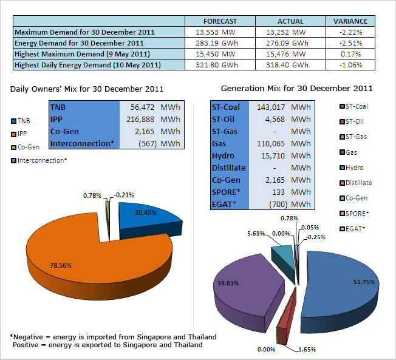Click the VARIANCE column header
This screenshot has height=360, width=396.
(x=350, y=21)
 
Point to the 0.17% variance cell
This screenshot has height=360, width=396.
(x=350, y=54)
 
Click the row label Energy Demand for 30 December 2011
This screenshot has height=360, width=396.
(x=79, y=43)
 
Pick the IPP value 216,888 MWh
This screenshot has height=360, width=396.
(x=153, y=119)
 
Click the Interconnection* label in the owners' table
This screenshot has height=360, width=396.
(x=83, y=143)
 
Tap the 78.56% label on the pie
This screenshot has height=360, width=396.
(x=61, y=265)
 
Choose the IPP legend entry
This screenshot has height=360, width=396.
(x=19, y=134)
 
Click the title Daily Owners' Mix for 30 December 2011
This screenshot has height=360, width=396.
(x=87, y=89)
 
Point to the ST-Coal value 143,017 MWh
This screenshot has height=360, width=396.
(x=284, y=107)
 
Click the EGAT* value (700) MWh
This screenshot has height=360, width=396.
(x=290, y=204)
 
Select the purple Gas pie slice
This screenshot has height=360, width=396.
(x=249, y=290)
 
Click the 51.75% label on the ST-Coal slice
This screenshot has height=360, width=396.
(x=364, y=282)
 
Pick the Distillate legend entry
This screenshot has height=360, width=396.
(x=356, y=183)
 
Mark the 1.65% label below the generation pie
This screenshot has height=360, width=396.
(x=307, y=350)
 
